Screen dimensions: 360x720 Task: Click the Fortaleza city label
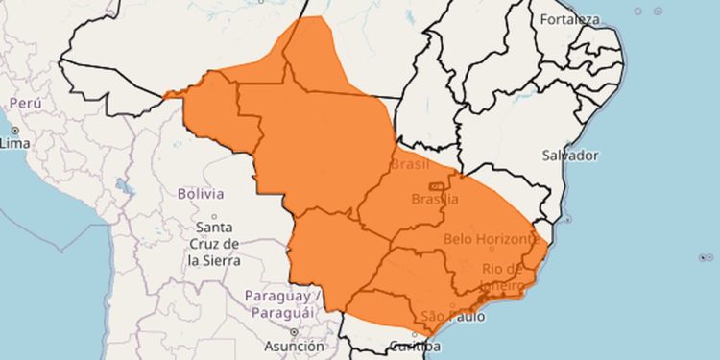570,19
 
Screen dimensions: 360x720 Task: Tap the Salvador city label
569,155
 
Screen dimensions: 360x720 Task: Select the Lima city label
15,143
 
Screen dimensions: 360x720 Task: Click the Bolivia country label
200,193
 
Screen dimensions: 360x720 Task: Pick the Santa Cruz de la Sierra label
214,244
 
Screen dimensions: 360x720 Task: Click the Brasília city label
434,199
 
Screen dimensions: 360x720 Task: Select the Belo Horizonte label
489,237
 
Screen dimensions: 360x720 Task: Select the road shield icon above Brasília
436,185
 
